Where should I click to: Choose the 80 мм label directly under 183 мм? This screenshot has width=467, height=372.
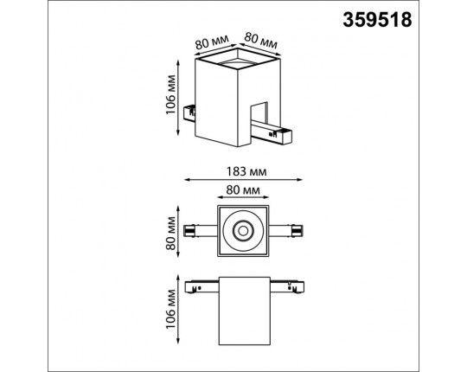point(243,189)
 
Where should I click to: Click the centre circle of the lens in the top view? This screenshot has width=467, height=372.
point(243,231)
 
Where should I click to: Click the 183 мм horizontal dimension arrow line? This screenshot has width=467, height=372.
point(243,181)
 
